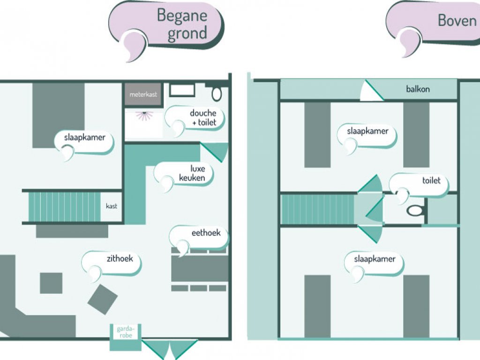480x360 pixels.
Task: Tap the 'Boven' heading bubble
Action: click(450, 21)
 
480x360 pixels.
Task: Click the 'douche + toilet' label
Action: click(202, 118)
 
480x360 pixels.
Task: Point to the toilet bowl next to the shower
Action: click(217, 93)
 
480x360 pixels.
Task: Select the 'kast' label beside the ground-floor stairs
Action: click(112, 206)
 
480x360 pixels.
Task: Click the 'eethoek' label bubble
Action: click(202, 233)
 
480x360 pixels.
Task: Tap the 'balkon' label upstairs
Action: click(418, 89)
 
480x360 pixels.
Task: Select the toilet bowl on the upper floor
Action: click(414, 210)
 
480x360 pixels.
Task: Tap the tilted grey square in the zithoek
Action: click(103, 299)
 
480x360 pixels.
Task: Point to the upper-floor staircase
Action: click(317, 210)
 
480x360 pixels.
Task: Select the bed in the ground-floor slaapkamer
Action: click(59, 115)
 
